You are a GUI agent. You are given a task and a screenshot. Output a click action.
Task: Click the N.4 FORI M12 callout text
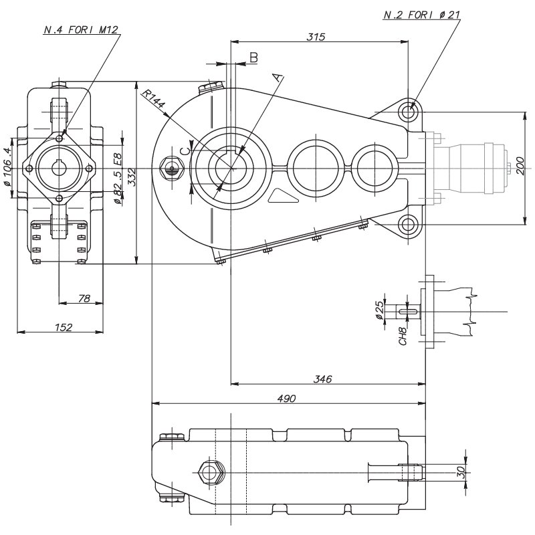click(x=81, y=29)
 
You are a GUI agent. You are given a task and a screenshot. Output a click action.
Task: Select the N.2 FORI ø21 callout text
click(x=422, y=15)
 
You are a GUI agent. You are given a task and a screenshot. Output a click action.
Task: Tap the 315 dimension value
click(x=316, y=36)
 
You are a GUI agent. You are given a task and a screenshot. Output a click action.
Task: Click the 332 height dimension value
click(x=132, y=177)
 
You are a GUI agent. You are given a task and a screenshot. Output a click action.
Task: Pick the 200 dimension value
click(x=520, y=166)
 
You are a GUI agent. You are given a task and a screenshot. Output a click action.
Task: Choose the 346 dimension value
click(x=322, y=379)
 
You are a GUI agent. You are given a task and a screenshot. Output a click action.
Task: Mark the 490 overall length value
click(x=287, y=398)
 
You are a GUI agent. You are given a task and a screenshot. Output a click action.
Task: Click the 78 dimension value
click(x=84, y=298)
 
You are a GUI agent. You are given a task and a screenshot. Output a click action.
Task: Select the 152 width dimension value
click(x=64, y=327)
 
